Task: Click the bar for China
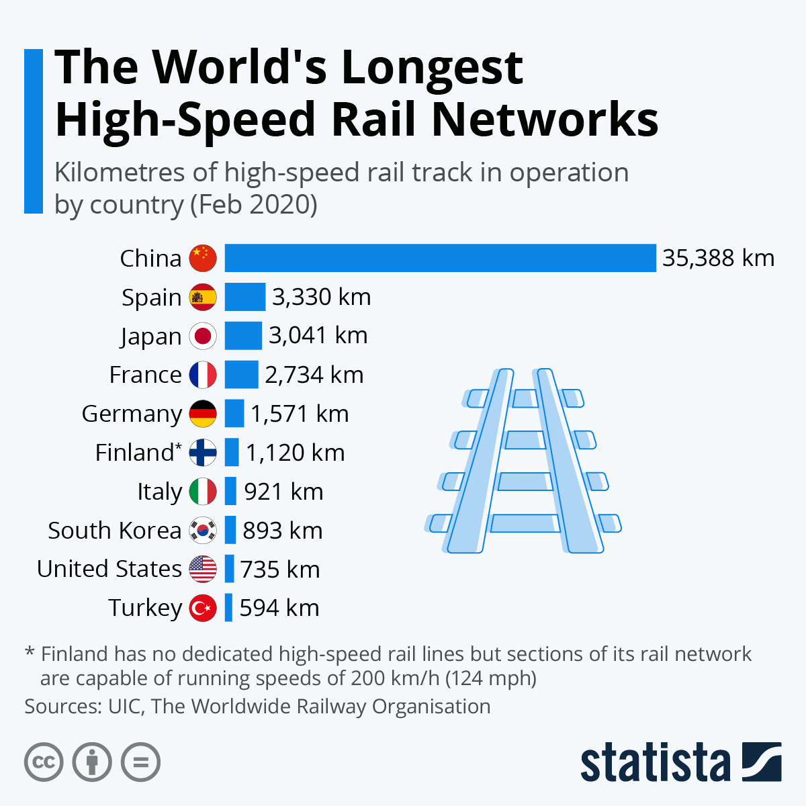440,258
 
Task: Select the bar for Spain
244,297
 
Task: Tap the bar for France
241,375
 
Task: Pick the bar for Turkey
228,608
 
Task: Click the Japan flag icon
203,336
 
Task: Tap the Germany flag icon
203,414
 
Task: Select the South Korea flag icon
203,531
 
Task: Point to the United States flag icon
203,570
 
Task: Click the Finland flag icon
203,453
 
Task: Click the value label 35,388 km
718,258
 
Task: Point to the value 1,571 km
300,414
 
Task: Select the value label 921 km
283,492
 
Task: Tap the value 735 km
280,570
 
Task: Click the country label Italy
159,492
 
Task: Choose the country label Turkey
145,608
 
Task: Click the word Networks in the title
545,120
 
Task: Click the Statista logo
680,762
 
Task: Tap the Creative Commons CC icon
44,762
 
